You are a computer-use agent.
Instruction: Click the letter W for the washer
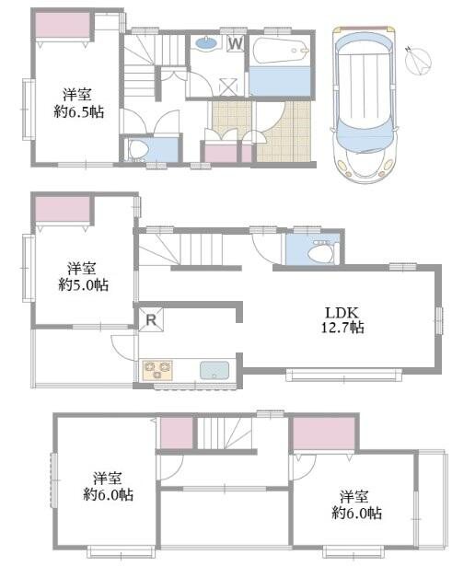pos(235,42)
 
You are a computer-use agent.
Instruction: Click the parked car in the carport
pos(365,101)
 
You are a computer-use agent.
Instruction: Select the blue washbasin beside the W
pos(207,42)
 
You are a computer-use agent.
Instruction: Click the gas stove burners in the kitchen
pos(156,371)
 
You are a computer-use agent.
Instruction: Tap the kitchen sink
pos(214,371)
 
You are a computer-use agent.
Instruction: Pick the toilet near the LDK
pos(319,252)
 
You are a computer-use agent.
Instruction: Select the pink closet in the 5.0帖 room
pos(62,211)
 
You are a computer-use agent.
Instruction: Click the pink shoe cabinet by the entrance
pos(218,154)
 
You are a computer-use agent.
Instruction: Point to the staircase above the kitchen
pos(189,247)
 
